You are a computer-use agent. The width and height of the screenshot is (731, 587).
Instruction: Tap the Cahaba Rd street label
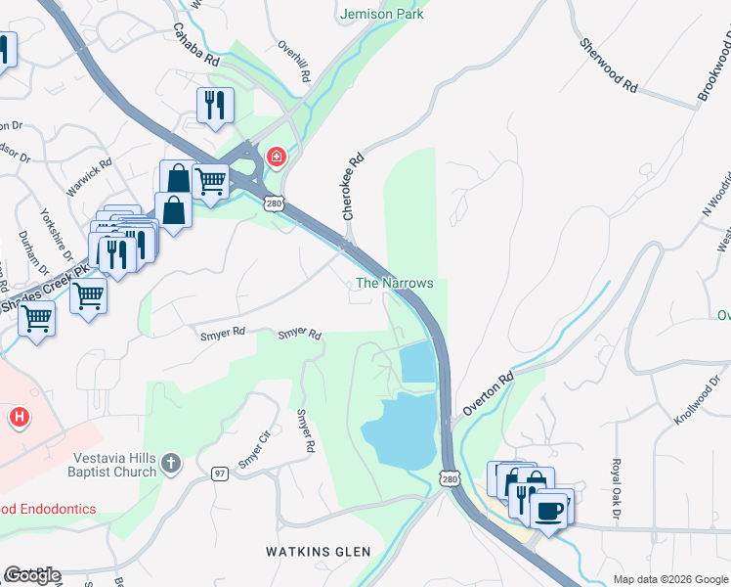[196, 45]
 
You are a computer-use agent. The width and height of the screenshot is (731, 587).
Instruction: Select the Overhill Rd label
[293, 61]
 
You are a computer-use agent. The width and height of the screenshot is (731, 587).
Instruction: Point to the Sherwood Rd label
[608, 67]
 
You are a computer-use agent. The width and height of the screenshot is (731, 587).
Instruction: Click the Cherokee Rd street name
[353, 185]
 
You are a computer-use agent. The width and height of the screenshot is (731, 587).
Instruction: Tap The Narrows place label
[394, 283]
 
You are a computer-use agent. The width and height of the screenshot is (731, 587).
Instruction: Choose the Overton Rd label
[488, 394]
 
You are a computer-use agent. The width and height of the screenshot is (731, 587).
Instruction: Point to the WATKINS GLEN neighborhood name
[319, 552]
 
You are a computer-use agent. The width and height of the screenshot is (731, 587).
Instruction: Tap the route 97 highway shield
[222, 474]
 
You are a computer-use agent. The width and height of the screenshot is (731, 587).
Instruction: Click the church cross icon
[171, 462]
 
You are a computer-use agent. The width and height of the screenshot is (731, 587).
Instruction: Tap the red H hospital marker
[18, 419]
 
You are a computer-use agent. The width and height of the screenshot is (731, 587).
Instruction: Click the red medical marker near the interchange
[277, 157]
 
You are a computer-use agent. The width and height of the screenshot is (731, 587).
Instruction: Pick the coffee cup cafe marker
[549, 509]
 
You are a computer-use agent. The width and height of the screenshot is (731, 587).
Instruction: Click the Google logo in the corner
[32, 575]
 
